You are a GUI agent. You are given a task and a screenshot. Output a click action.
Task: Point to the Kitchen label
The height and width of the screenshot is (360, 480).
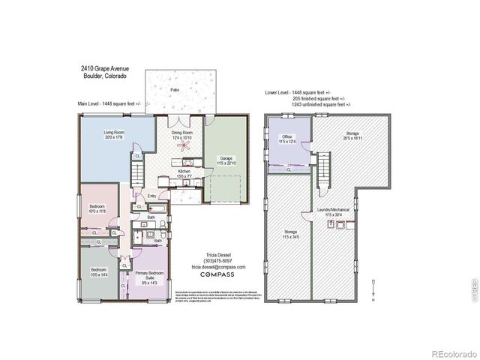pyautogui.click(x=184, y=172)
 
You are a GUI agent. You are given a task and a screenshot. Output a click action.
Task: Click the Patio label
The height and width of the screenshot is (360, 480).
pyautogui.click(x=174, y=89)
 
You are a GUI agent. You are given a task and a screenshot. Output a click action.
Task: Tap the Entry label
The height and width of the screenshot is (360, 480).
pyautogui.click(x=151, y=196)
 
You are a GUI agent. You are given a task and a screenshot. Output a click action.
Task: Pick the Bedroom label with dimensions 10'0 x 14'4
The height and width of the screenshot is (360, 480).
pyautogui.click(x=99, y=272)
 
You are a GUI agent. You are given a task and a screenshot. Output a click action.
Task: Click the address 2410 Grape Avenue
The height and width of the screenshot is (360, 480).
pyautogui.click(x=103, y=68)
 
